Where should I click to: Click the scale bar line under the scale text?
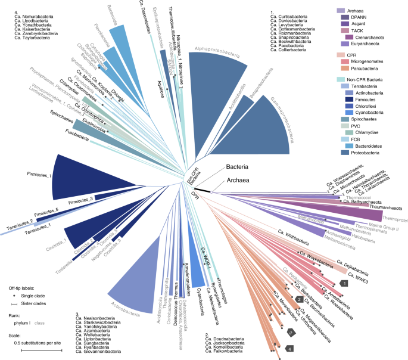(x=41, y=350)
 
